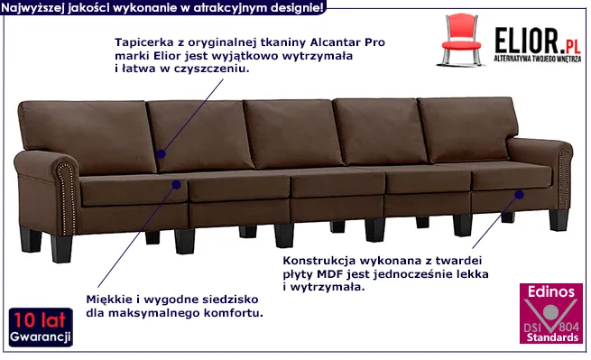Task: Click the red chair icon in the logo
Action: point(460,40)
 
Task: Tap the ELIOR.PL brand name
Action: point(538,41)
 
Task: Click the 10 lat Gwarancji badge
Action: point(41,327)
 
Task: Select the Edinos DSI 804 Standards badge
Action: point(551,314)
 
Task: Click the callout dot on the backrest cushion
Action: point(161,153)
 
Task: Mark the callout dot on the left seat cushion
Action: point(176,185)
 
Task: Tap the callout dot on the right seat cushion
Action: point(520,195)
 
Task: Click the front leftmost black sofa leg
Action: point(61,249)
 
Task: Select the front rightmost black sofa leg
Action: point(559,220)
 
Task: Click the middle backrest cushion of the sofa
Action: point(292,134)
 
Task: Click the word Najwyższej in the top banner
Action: point(32,8)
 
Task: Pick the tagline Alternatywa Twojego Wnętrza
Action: point(538,59)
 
